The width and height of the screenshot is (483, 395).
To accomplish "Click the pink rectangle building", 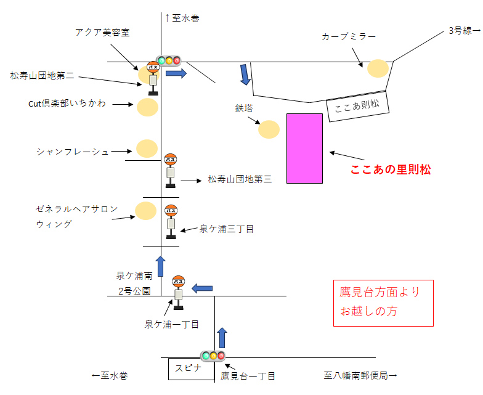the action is point(304,149).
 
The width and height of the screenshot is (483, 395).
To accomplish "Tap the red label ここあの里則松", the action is point(391,169).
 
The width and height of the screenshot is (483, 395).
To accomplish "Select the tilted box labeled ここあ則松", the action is point(357,106).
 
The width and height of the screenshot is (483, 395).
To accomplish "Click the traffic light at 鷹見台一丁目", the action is point(213,356).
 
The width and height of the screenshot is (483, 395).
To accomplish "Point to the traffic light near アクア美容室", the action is point(169,60).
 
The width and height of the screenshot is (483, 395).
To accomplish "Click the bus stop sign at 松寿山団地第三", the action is point(170,171).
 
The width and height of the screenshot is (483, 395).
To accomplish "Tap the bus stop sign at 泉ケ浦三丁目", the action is point(171,222).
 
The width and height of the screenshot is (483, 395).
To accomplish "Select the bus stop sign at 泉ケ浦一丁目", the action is point(179,293).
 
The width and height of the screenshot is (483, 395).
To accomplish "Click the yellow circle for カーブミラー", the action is point(378,68).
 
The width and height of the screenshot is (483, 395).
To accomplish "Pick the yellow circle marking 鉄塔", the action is point(269,129).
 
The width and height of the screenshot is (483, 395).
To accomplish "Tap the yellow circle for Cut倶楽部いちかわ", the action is point(148,107).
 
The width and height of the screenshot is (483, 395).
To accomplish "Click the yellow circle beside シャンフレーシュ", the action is point(147,149).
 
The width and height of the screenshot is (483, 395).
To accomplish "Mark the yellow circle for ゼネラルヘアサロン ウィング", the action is point(145,211).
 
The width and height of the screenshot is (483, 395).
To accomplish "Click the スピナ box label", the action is point(189,369).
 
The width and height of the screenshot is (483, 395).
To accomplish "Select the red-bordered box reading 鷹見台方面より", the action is point(383,303).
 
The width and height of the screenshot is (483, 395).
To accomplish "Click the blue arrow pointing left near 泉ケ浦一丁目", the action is point(202,288).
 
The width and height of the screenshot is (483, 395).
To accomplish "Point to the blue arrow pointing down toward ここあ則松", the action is point(245,75).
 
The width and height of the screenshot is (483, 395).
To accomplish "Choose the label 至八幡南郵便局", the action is point(360,376).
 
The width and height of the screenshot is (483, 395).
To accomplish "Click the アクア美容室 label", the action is point(102,32).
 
